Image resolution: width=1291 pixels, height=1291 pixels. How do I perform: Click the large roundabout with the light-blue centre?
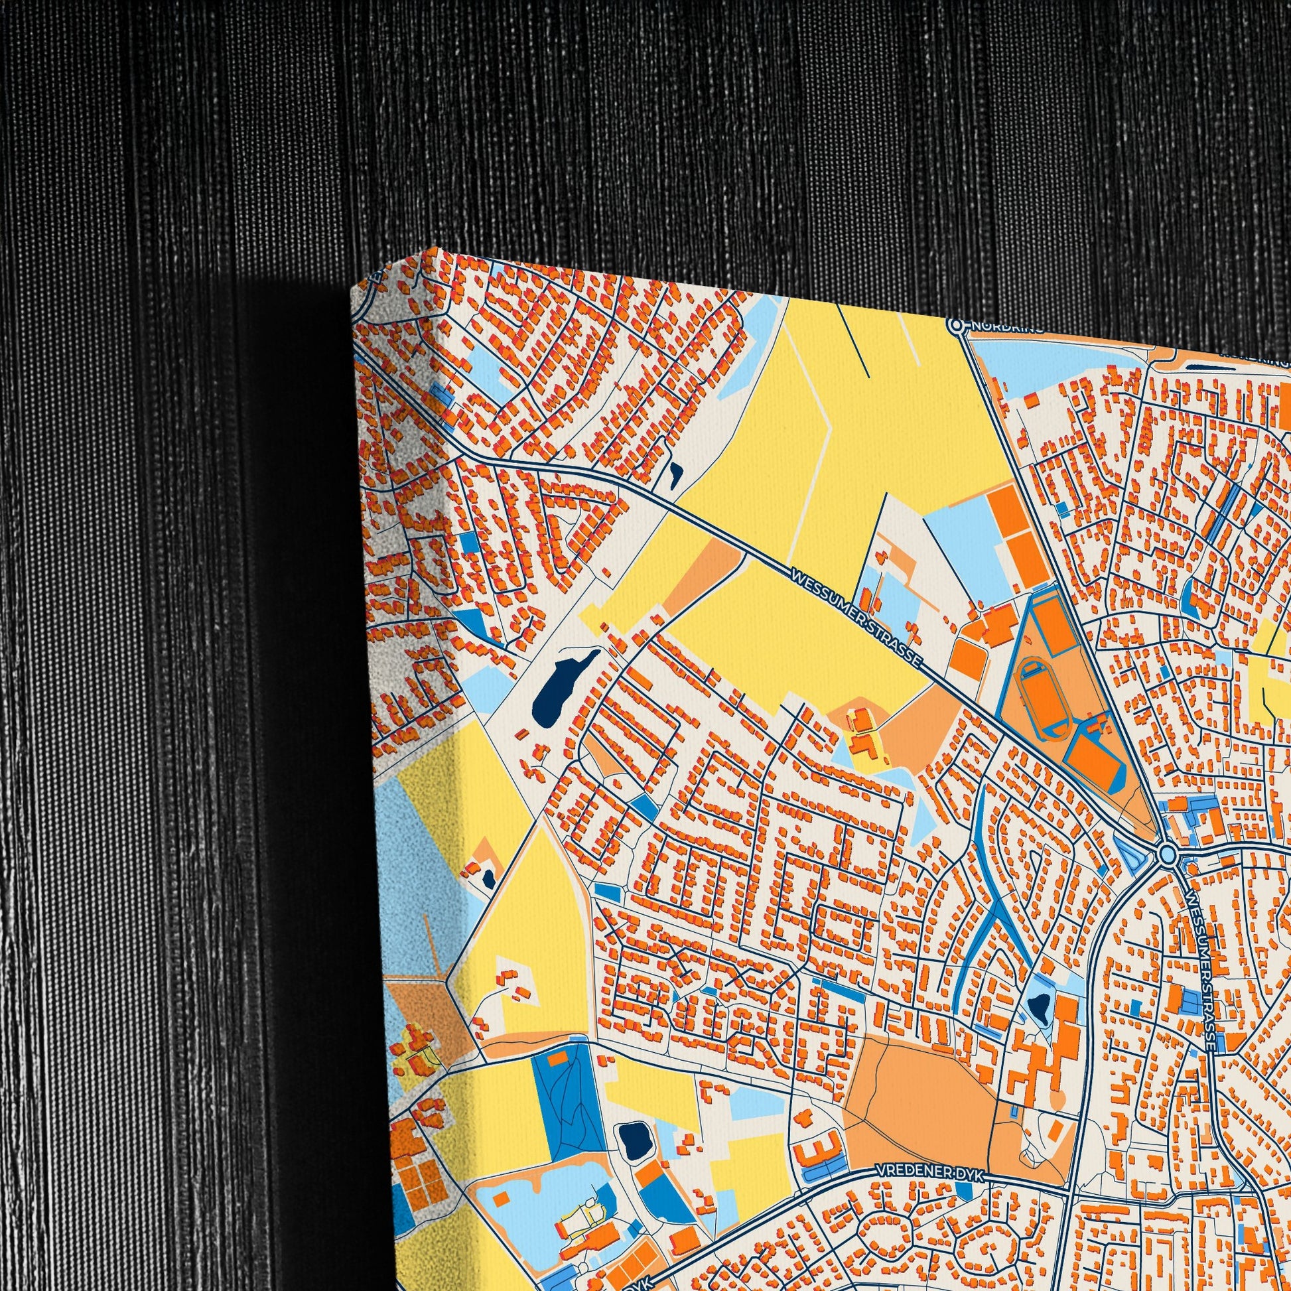[1168, 854]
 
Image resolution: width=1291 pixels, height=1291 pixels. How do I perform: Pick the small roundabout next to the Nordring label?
[957, 326]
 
